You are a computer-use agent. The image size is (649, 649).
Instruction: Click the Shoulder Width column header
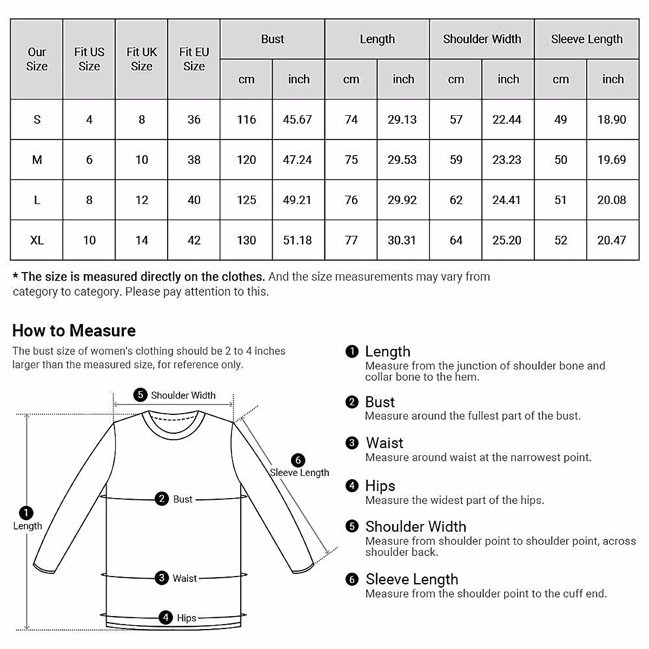click(482, 39)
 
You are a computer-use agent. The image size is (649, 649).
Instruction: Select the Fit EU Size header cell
click(194, 59)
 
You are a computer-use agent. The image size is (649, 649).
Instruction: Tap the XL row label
click(37, 240)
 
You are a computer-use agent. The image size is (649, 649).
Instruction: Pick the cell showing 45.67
click(297, 120)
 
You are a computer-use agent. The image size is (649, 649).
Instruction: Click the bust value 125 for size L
click(246, 200)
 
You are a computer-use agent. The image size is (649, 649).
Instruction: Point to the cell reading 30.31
click(402, 240)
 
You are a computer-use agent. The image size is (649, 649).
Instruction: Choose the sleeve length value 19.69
click(612, 160)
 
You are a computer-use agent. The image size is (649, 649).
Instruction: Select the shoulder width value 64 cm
click(456, 240)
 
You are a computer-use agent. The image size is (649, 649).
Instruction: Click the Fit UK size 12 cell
click(142, 200)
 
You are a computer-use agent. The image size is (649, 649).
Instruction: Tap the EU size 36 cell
click(194, 120)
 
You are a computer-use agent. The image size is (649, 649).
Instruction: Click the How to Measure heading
click(74, 330)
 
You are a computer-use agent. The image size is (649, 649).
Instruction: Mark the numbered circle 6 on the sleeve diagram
click(298, 460)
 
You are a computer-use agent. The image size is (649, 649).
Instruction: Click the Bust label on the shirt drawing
click(183, 499)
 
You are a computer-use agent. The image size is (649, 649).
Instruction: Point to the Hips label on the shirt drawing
click(187, 618)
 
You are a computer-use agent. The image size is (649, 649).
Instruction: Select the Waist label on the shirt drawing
click(184, 578)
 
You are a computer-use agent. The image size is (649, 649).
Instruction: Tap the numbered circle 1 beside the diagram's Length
click(25, 512)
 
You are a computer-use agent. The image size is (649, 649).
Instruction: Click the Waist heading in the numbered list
click(385, 443)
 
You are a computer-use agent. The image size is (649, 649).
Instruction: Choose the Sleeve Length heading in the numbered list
click(412, 579)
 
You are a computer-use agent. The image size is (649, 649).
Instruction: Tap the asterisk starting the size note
click(16, 277)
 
